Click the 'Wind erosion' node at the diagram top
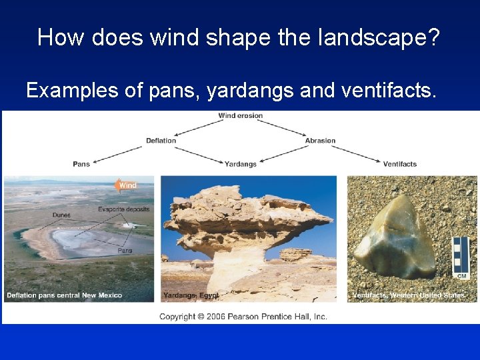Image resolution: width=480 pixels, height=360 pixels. pyautogui.click(x=241, y=116)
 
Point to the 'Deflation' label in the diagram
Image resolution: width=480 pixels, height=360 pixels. pyautogui.click(x=161, y=141)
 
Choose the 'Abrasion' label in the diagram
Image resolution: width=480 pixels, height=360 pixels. pyautogui.click(x=320, y=141)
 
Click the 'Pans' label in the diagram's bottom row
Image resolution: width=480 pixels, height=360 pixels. pyautogui.click(x=81, y=164)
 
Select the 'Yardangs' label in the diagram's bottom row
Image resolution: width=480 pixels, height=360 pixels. pyautogui.click(x=241, y=164)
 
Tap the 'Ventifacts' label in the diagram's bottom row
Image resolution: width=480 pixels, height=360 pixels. pyautogui.click(x=400, y=164)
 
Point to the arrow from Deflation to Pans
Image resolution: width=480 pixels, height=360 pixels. pyautogui.click(x=120, y=153)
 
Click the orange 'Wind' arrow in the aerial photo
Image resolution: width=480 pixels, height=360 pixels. pyautogui.click(x=125, y=185)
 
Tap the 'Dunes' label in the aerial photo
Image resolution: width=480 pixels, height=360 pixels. pyautogui.click(x=62, y=215)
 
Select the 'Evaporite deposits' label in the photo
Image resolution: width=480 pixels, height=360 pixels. pyautogui.click(x=124, y=209)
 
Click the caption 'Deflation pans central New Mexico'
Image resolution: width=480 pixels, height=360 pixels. pyautogui.click(x=65, y=295)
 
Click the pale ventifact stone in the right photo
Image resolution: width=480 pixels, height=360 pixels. pyautogui.click(x=394, y=239)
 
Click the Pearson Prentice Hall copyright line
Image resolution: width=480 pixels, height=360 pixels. pyautogui.click(x=243, y=317)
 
